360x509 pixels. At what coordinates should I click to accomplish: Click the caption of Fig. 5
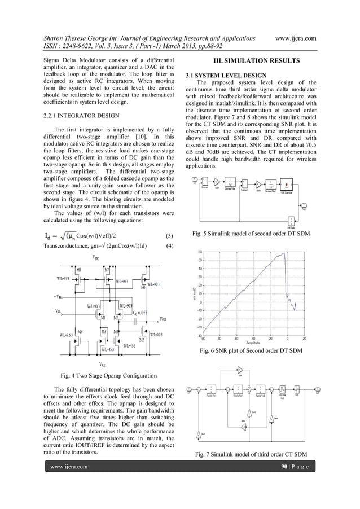tap(250, 233)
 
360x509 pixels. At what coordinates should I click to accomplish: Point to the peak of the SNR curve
tap(282, 253)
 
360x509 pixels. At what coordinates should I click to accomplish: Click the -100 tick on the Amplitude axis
tap(202, 339)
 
